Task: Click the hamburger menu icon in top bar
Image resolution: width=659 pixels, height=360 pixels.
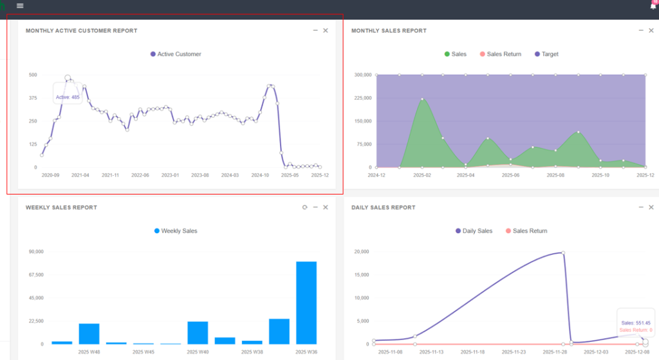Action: [x=20, y=6]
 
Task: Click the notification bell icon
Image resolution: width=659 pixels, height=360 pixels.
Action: [x=653, y=6]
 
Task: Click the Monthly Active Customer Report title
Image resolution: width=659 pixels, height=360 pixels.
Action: [x=81, y=31]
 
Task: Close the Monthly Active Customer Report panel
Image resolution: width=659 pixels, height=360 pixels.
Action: [x=326, y=30]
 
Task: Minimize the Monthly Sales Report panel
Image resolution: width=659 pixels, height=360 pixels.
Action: [x=641, y=30]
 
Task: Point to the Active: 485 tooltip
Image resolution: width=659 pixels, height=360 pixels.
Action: [x=68, y=97]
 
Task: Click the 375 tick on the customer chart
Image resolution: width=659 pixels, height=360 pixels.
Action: [x=32, y=98]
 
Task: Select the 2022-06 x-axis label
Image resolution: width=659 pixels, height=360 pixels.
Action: [x=140, y=175]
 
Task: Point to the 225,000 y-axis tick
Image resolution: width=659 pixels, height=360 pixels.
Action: [x=363, y=98]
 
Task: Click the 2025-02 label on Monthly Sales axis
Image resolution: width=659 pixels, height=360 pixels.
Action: [x=422, y=175]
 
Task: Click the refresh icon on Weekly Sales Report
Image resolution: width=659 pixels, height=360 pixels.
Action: [x=305, y=207]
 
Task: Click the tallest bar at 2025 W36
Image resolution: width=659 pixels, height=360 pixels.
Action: [x=306, y=303]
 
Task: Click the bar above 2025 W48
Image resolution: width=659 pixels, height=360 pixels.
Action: [x=89, y=334]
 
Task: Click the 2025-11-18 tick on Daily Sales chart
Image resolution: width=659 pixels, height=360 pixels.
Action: [x=474, y=352]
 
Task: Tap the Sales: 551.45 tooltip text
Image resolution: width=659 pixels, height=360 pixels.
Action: [x=636, y=323]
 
